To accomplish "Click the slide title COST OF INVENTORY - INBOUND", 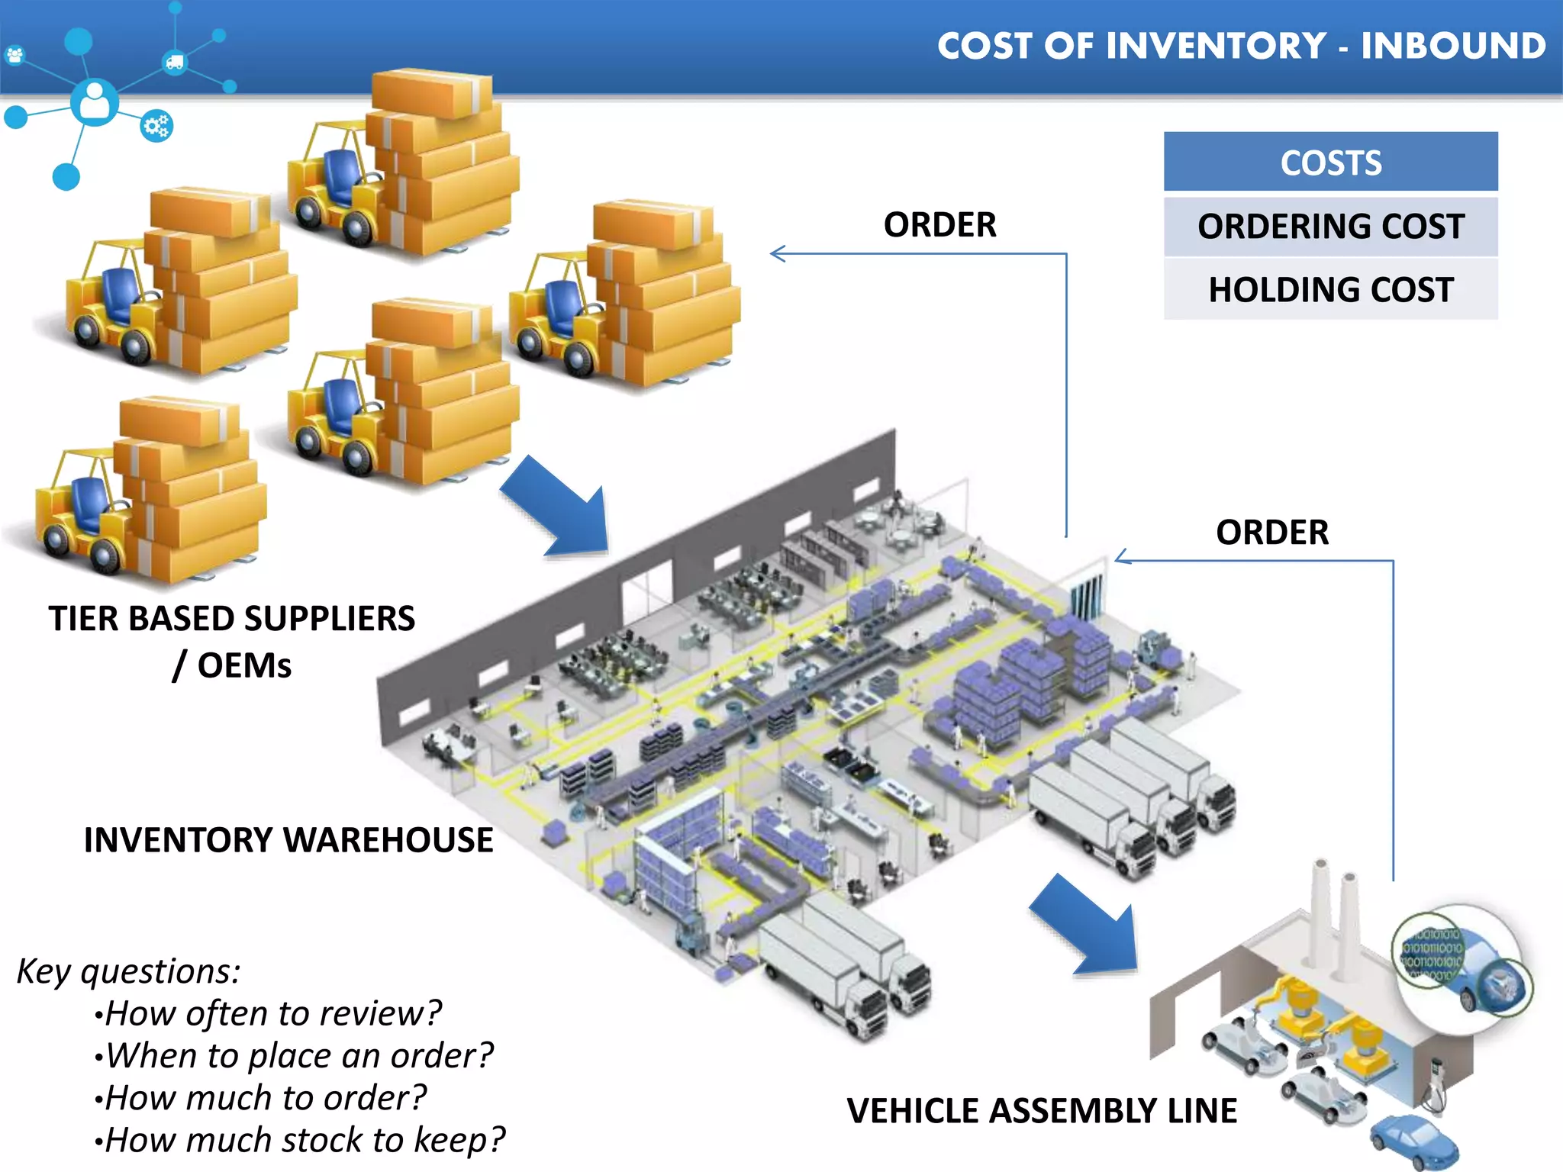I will [x=1241, y=46].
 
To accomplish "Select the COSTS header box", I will [x=1330, y=163].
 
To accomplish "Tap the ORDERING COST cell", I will [x=1330, y=227].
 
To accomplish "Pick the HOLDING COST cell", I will [x=1330, y=290].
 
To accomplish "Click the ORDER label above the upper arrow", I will [x=939, y=225].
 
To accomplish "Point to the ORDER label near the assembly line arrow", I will [x=1271, y=533].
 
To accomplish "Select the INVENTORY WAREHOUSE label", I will [x=288, y=840].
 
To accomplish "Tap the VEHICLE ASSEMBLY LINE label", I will [x=1042, y=1111].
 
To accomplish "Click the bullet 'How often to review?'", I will [x=272, y=1014].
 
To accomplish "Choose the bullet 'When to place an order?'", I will [x=298, y=1056].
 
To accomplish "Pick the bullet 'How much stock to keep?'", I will [x=304, y=1140].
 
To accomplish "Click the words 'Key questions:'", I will [x=128, y=971].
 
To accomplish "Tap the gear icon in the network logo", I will [x=157, y=126].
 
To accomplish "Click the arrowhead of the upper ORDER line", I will [x=777, y=253].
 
